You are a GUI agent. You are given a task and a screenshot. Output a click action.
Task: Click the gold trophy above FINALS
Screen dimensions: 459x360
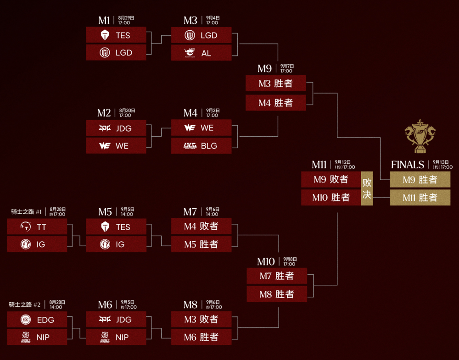tap(420, 136)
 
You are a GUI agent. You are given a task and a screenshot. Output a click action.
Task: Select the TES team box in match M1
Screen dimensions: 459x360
tap(116, 35)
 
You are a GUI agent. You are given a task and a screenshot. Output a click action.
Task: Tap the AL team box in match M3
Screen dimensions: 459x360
tap(202, 53)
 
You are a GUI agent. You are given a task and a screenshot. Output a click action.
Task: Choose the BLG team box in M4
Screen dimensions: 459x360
tap(202, 146)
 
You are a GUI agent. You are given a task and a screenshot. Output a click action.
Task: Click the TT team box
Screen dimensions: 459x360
tap(37, 227)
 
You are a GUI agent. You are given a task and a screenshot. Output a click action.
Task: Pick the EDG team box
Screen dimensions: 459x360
tap(37, 320)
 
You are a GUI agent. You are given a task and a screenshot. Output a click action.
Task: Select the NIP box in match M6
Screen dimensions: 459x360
tap(116, 337)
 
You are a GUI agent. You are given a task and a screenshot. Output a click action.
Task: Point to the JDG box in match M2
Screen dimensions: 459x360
tap(116, 128)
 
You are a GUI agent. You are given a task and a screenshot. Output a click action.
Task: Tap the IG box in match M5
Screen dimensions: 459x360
tap(116, 244)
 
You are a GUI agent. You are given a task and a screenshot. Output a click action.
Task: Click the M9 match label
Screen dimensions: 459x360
tap(265, 68)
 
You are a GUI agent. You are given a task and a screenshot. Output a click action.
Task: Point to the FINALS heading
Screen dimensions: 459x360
tap(408, 165)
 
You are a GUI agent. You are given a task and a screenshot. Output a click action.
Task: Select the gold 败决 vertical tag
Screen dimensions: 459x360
tap(367, 188)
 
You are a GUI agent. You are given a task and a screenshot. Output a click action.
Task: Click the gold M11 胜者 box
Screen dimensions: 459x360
tap(420, 197)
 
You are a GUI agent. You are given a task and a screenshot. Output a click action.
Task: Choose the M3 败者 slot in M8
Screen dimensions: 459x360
tap(202, 319)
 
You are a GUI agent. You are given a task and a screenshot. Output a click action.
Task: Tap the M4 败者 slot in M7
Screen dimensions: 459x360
tap(202, 226)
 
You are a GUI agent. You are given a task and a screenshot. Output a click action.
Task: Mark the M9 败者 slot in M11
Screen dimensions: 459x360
tap(331, 179)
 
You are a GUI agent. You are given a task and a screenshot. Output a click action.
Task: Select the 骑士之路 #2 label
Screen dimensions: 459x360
tap(25, 305)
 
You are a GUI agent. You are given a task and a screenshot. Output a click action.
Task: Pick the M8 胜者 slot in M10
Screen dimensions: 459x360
tap(277, 294)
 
